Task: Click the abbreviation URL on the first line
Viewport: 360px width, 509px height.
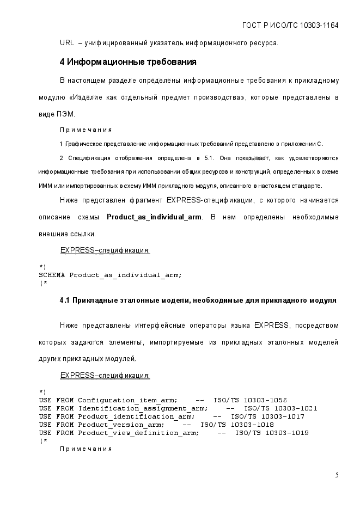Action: pos(67,43)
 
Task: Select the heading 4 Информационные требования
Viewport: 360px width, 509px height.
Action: pos(127,62)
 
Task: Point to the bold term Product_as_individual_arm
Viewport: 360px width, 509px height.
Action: pos(154,217)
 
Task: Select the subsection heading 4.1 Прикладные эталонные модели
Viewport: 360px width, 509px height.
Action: pos(198,300)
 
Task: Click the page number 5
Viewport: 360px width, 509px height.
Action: pos(337,475)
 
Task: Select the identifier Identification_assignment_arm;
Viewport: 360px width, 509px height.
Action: pos(143,408)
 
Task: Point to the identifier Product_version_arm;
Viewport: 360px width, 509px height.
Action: pos(121,425)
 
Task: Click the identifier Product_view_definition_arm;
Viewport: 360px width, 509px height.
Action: pos(138,433)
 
